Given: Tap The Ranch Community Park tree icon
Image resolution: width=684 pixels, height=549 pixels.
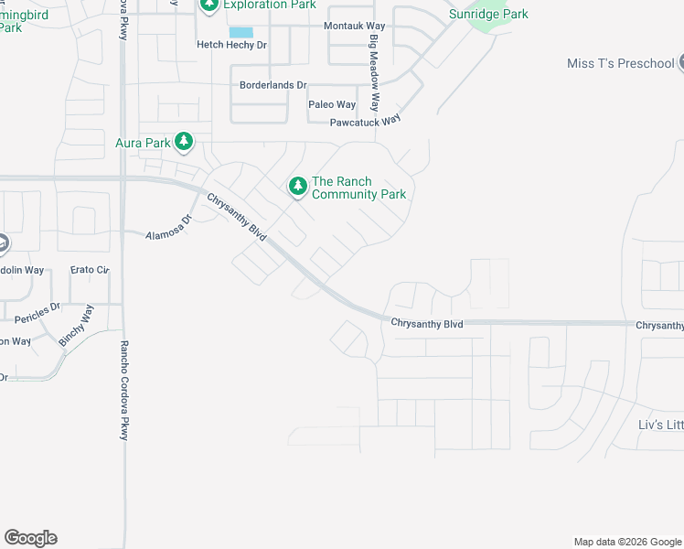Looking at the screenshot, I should pos(297,187).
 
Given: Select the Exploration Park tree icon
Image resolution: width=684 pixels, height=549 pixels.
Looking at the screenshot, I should pos(209,5).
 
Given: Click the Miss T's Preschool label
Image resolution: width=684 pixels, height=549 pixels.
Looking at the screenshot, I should pos(620,63).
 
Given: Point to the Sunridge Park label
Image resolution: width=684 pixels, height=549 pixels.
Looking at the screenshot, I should pos(488,14).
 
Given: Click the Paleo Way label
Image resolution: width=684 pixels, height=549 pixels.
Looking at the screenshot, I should pos(332,104).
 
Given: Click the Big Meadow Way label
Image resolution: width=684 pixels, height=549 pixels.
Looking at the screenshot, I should pos(373,74).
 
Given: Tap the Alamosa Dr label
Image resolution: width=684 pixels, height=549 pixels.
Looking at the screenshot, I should pos(169,228).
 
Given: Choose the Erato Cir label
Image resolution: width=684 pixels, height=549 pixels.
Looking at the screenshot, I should pos(90,270).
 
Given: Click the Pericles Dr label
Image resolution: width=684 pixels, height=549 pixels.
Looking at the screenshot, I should pos(37,311).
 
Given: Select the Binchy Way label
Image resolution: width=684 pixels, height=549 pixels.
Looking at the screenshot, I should pos(76,325).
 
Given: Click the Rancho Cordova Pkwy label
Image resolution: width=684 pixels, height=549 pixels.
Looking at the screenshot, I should pos(124,391).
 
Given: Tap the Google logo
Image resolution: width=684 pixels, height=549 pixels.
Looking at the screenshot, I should pos(30,538).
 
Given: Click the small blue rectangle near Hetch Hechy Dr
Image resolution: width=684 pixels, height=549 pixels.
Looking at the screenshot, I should pos(241,32).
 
